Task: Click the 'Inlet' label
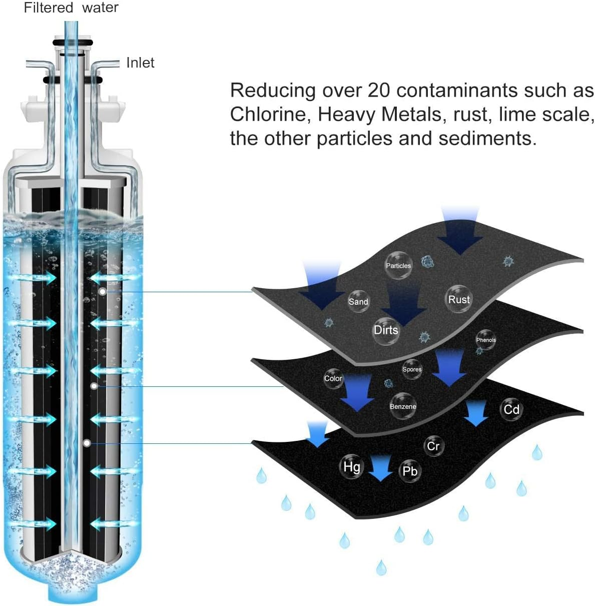click(x=140, y=63)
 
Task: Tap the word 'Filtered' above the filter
click(x=49, y=8)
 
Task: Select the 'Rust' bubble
click(x=458, y=299)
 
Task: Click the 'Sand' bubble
click(x=358, y=301)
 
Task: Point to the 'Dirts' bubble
click(x=386, y=330)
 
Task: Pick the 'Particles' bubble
click(x=398, y=265)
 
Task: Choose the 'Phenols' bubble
click(x=485, y=340)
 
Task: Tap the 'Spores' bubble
click(x=412, y=369)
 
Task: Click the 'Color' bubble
click(x=333, y=379)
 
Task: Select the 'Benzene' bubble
click(x=403, y=406)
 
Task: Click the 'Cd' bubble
click(x=511, y=410)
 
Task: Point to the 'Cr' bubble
click(x=433, y=446)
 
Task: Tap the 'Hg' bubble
click(x=351, y=467)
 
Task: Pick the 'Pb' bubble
click(x=410, y=471)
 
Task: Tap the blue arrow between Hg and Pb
click(x=381, y=468)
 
